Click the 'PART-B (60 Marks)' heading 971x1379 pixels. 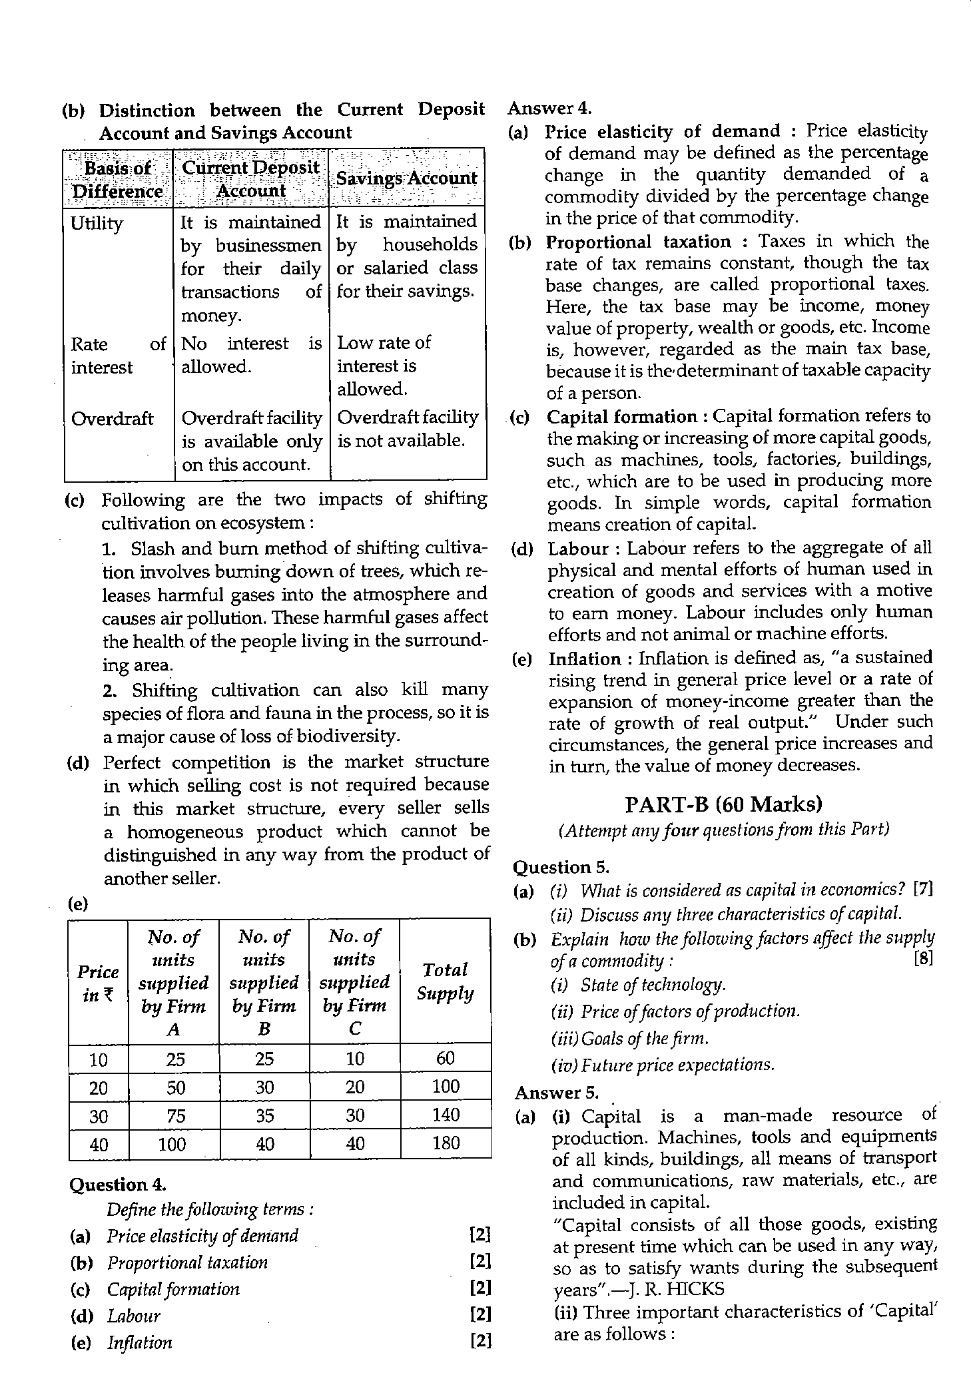pos(723,804)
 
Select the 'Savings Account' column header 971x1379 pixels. pos(407,178)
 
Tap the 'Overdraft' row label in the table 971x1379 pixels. pos(112,419)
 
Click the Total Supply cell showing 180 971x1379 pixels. pos(446,1143)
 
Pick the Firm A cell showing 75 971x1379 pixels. pos(175,1115)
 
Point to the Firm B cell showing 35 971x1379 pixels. pos(264,1115)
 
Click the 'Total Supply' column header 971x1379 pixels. pos(446,981)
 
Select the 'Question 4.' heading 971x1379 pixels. pos(117,1185)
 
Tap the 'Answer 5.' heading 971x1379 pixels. pos(557,1093)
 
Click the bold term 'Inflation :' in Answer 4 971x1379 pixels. pos(585,659)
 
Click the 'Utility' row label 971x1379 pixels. pos(97,223)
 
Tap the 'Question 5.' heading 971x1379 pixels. pos(561,867)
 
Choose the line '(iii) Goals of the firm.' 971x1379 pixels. pos(629,1038)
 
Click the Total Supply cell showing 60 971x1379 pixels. pos(446,1058)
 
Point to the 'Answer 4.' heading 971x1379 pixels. pos(549,108)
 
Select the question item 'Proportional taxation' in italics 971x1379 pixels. pos(187,1262)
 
